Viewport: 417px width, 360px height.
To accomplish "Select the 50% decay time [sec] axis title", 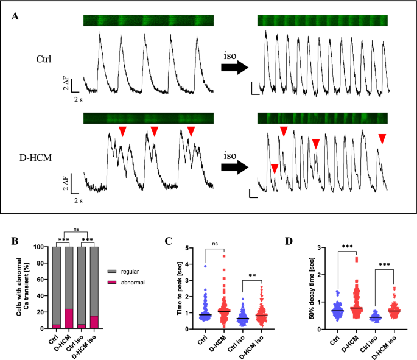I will coord(302,288).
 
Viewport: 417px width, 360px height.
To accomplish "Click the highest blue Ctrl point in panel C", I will coord(206,266).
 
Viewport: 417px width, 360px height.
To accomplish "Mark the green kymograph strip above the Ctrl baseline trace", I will coord(149,21).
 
